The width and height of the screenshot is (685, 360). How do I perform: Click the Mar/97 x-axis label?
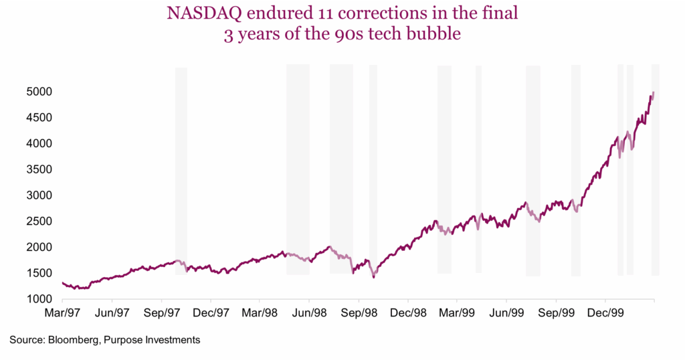62,312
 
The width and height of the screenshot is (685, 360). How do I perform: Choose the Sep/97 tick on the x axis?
161,312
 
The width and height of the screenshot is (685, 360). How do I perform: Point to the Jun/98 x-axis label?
309,312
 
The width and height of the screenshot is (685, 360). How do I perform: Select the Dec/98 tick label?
408,312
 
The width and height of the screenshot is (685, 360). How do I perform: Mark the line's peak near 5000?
653,92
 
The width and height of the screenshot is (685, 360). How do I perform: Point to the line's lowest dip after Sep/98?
373,276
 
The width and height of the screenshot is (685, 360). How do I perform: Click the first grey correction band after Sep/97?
181,171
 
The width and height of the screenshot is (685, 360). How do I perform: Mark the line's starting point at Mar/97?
62,282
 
